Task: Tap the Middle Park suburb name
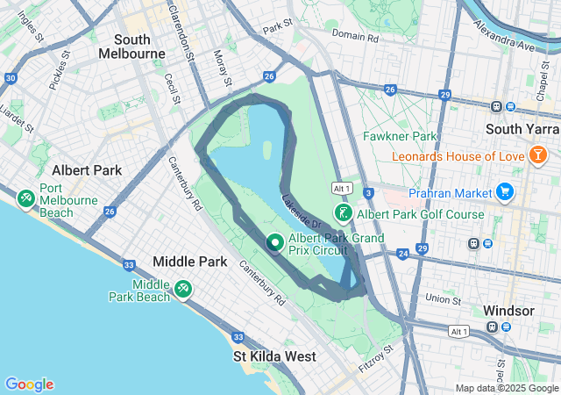(189, 262)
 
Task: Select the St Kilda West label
(273, 356)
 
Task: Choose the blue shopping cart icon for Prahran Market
(504, 191)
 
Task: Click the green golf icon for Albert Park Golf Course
(344, 213)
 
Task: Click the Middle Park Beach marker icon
(183, 288)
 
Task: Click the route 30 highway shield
(10, 78)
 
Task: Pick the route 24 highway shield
(402, 255)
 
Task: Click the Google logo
(29, 384)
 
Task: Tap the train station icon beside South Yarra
(497, 107)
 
